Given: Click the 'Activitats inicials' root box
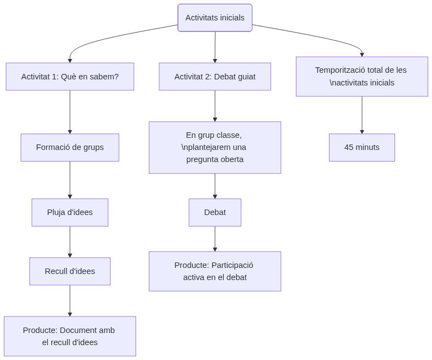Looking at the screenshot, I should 215,18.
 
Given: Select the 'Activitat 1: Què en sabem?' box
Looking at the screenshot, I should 70,77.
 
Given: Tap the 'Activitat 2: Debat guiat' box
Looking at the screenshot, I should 215,77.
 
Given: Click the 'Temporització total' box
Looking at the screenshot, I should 361,77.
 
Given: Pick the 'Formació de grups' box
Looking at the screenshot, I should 70,147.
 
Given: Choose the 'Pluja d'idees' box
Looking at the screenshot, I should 70,212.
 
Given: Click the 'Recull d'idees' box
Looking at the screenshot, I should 70,271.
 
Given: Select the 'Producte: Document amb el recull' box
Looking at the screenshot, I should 70,336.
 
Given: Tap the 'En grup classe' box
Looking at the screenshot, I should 215,147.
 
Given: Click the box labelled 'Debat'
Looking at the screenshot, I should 215,212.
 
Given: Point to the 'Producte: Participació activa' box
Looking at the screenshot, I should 215,271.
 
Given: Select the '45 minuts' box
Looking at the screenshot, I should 361,147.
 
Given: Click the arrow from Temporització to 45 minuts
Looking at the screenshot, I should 362,115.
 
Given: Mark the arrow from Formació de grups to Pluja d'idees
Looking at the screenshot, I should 70,180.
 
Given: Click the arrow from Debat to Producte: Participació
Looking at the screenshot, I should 215,239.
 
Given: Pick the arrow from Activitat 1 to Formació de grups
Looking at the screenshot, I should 70,112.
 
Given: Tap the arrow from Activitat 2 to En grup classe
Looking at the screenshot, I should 215,106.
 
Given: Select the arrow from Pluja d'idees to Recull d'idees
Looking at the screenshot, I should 70,241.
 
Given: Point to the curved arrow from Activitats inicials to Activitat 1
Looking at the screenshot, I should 110,39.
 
